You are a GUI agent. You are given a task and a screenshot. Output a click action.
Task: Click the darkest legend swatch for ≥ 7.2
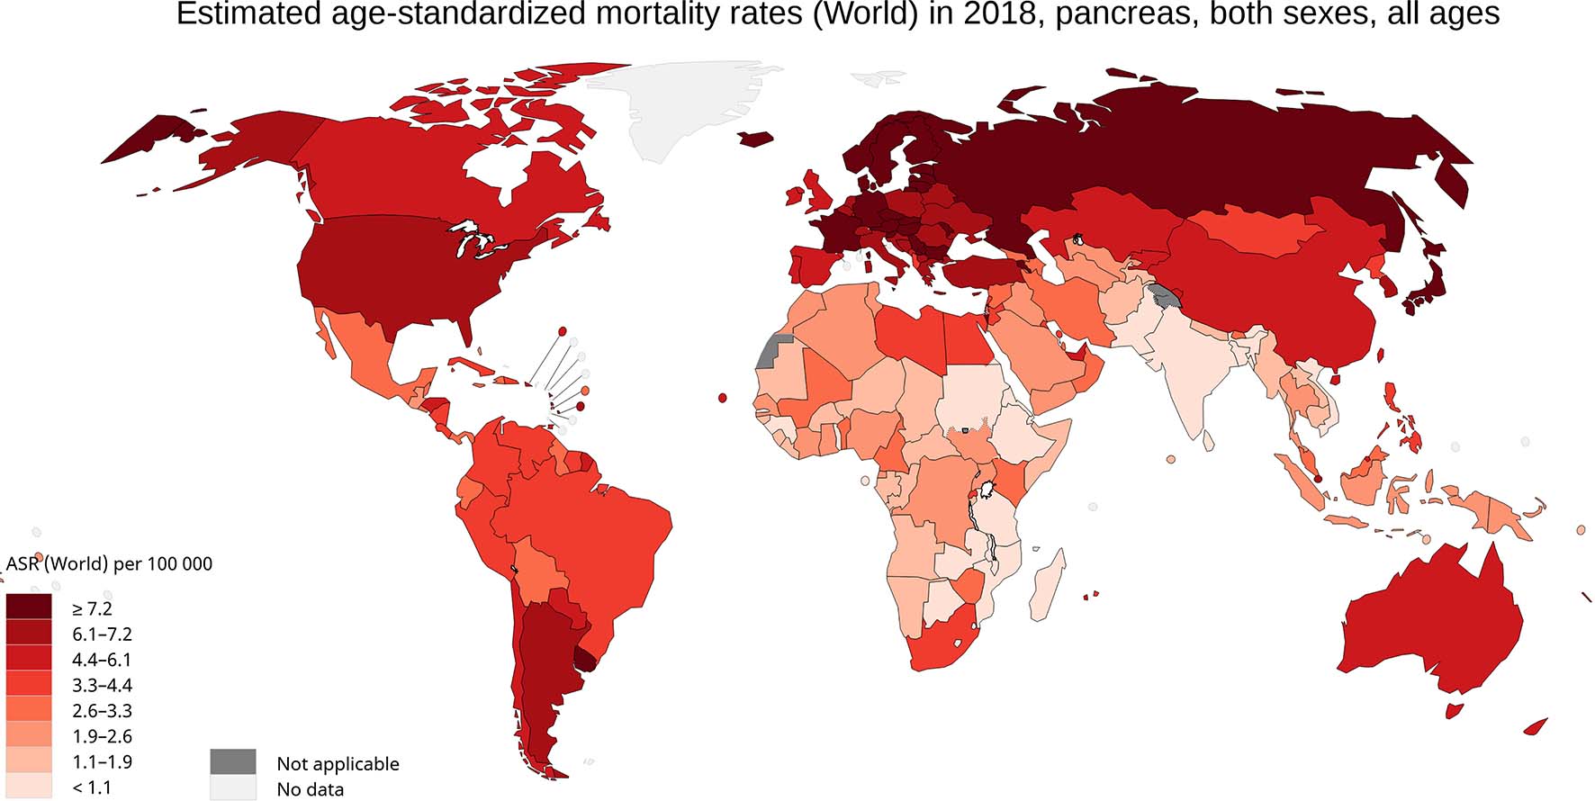tap(29, 607)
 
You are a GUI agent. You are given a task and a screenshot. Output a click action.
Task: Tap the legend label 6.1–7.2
tap(102, 634)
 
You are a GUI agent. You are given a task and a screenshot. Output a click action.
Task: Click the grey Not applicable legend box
tap(233, 762)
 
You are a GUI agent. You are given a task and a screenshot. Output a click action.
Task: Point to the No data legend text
tap(310, 789)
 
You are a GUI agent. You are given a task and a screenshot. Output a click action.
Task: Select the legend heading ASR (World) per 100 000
tap(109, 564)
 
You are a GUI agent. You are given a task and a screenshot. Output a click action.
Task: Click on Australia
tap(1431, 621)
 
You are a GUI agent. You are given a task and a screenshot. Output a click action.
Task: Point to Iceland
tap(756, 139)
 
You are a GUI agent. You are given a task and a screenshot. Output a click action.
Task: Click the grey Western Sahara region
tap(770, 351)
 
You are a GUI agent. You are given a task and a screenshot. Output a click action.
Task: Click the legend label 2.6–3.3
tap(102, 711)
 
